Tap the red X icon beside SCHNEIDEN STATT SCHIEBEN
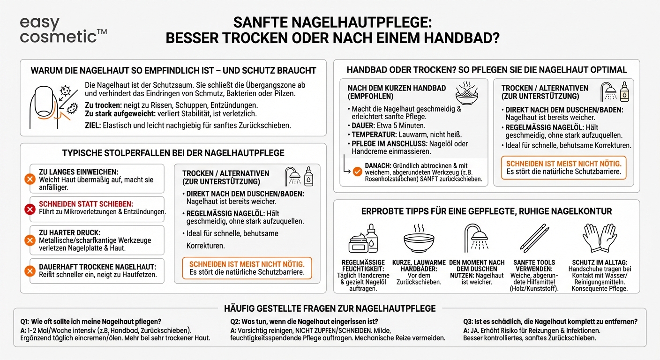click(x=30, y=209)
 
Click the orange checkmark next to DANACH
click(x=357, y=172)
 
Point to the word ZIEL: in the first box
click(x=93, y=126)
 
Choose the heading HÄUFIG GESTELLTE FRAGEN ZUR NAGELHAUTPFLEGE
click(x=330, y=308)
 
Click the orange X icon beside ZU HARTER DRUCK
click(x=30, y=240)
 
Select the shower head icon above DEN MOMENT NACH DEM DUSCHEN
click(x=476, y=237)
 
